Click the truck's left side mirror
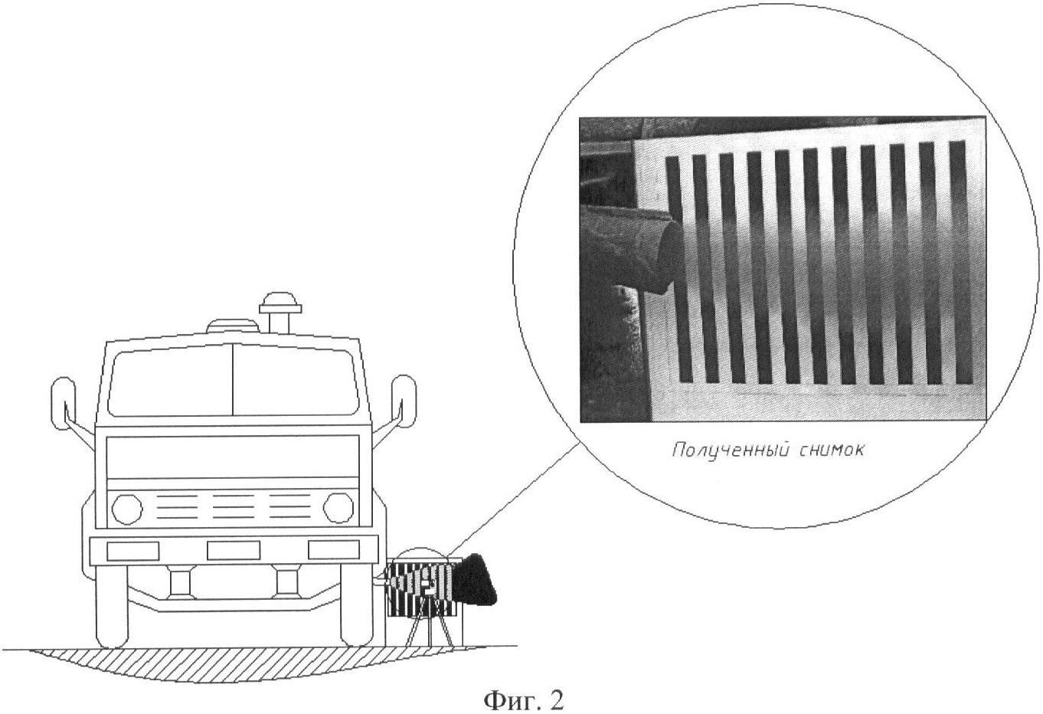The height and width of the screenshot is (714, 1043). tap(62, 403)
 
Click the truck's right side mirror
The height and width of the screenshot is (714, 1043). tap(404, 401)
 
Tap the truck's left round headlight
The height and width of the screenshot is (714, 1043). tap(127, 509)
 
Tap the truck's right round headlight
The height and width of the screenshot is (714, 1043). tap(338, 508)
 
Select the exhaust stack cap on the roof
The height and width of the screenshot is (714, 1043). tap(280, 303)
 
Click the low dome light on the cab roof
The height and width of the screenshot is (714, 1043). tap(233, 326)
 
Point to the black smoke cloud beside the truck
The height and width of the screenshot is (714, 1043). tap(475, 581)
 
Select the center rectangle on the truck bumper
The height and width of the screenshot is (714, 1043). tap(234, 551)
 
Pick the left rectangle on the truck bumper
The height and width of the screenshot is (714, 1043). tap(132, 552)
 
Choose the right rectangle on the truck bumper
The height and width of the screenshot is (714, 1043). tap(334, 550)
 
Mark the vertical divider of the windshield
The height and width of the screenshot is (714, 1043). tap(232, 379)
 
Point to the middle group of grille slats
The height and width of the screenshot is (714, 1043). tap(234, 506)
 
